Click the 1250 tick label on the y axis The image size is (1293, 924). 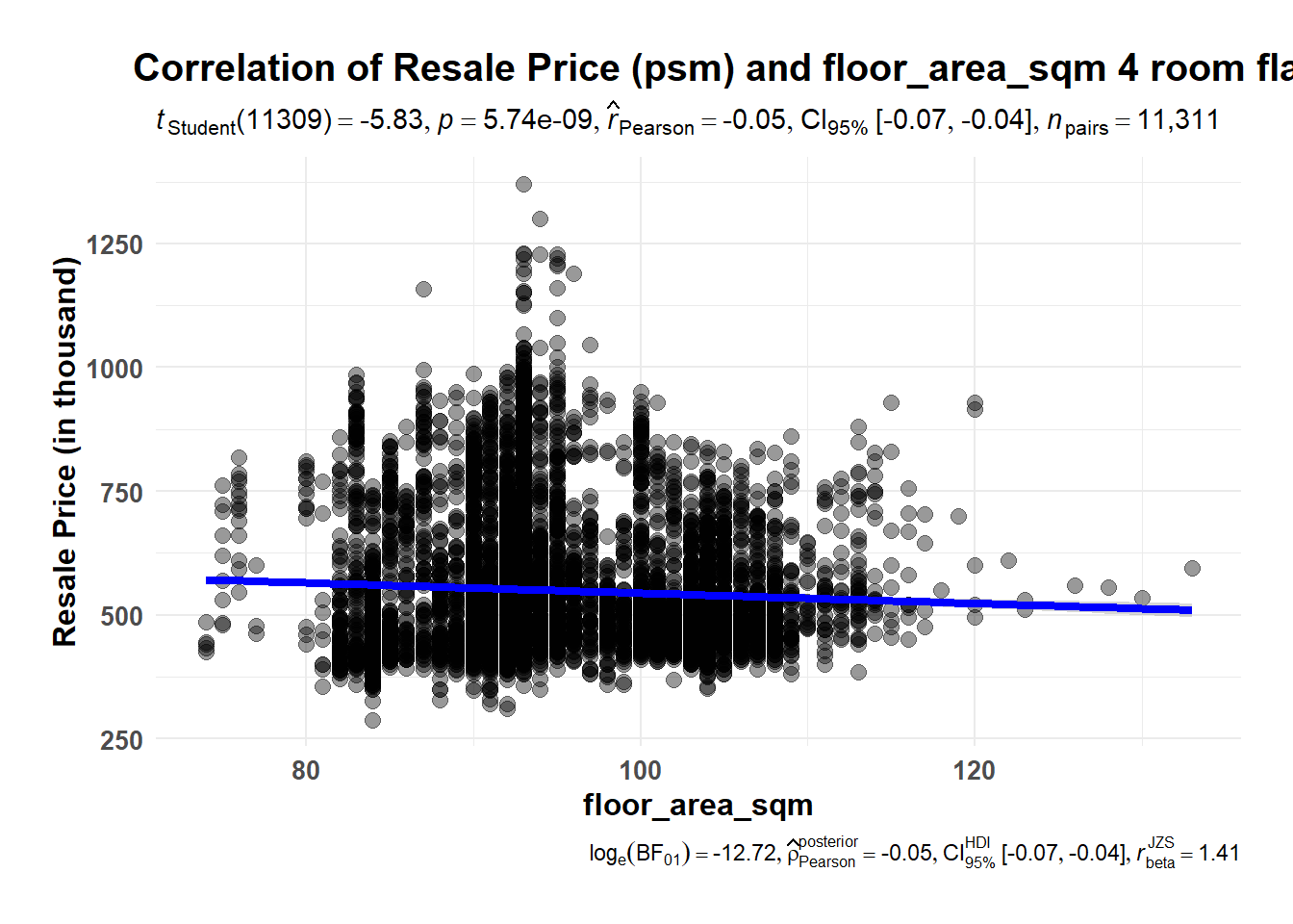pos(114,244)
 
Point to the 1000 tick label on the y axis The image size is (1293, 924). pos(114,369)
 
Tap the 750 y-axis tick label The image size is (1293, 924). pos(121,493)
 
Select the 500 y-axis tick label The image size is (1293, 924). pos(121,616)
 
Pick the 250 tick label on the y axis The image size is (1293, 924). pos(121,740)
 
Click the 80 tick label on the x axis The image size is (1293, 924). pos(306,771)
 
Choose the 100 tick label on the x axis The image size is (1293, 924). pos(641,771)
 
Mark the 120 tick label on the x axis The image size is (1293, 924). pos(975,771)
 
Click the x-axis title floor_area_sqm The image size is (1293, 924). pos(697,805)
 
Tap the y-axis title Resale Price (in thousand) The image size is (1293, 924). pos(64,452)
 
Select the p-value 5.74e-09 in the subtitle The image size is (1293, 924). pos(539,120)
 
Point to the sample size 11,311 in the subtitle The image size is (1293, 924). pos(1179,120)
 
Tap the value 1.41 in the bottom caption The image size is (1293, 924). pos(1218,854)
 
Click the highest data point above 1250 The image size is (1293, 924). pos(523,184)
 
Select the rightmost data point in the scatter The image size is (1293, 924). pos(1192,568)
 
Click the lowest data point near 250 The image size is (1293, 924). pos(372,720)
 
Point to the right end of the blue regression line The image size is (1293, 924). pos(1189,610)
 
